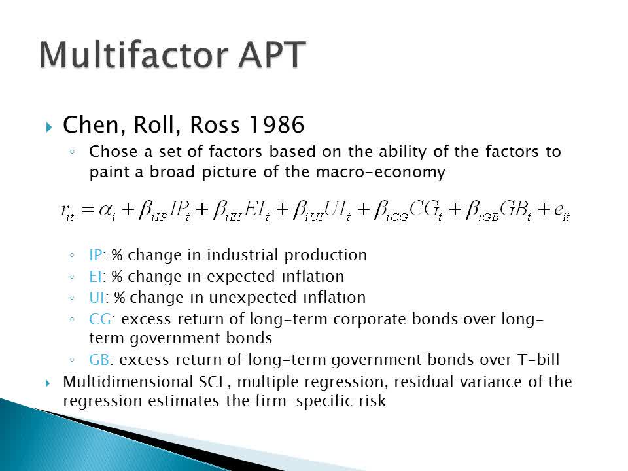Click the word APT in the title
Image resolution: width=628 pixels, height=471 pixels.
tap(271, 55)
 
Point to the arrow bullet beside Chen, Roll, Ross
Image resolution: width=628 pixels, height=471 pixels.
tap(49, 128)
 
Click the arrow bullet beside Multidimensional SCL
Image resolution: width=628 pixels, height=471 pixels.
tap(48, 383)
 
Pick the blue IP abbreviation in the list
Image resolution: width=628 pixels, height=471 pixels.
tap(96, 255)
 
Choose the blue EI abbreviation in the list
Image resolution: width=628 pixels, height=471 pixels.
tap(96, 276)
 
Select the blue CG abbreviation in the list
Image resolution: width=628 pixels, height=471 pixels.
tap(101, 319)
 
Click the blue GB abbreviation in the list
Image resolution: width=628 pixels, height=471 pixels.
tap(99, 360)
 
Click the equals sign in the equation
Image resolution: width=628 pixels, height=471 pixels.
tap(87, 209)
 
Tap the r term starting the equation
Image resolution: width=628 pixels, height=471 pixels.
tap(67, 211)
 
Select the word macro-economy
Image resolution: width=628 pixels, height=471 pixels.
tap(381, 172)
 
